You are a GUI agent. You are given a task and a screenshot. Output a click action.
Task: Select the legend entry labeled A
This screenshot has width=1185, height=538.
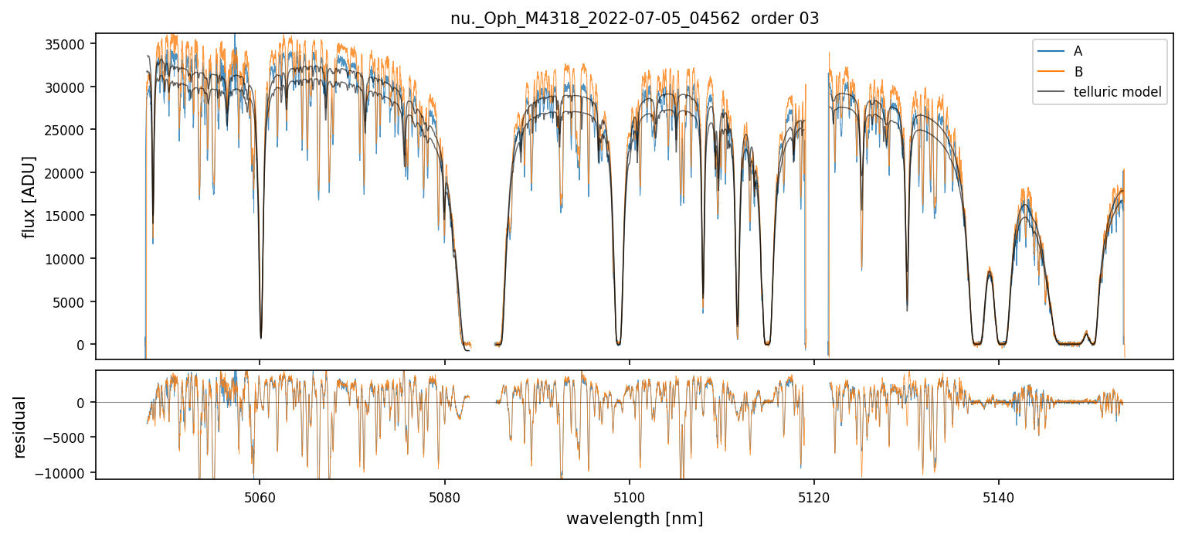click(x=1078, y=51)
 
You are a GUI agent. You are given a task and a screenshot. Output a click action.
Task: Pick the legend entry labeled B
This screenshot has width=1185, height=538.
click(x=1078, y=72)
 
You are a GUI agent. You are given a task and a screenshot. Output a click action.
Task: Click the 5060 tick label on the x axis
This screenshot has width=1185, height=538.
click(x=260, y=495)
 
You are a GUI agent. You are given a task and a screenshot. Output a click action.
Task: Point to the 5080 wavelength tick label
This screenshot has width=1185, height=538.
click(x=444, y=495)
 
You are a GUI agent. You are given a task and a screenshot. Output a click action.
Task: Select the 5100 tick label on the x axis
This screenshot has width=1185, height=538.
click(x=630, y=495)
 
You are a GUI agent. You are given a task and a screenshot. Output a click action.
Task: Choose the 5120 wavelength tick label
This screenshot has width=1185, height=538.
click(x=814, y=495)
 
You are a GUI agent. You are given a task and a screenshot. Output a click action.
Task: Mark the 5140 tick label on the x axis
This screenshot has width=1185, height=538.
click(x=999, y=495)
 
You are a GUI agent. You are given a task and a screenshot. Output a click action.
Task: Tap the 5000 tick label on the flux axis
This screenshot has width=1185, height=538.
click(x=71, y=301)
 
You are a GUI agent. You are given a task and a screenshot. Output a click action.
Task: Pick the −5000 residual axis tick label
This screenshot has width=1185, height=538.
click(x=68, y=438)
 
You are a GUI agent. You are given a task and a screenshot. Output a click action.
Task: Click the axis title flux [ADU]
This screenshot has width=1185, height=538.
click(x=29, y=196)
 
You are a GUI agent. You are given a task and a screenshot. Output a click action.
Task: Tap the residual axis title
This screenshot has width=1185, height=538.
click(x=20, y=427)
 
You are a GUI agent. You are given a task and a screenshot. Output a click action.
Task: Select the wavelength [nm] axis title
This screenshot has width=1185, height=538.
click(x=634, y=518)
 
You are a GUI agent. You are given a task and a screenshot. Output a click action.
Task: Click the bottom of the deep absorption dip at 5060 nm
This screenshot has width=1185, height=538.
click(x=260, y=337)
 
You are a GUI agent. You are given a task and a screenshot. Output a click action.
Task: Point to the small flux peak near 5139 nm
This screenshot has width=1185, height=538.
click(x=989, y=271)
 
